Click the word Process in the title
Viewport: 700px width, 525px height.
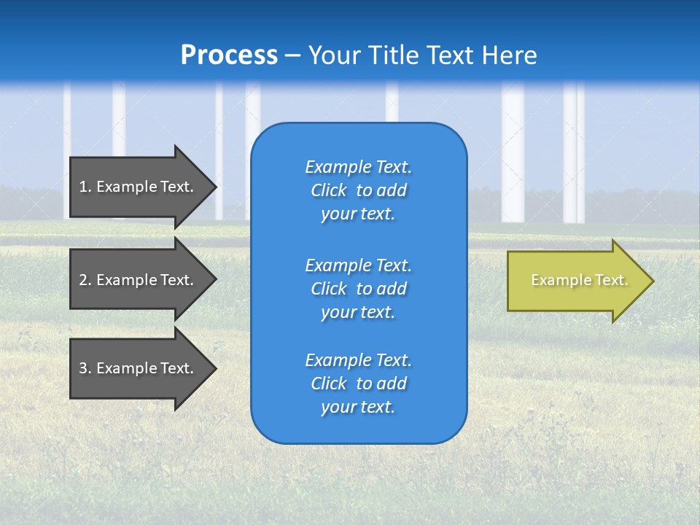(229, 55)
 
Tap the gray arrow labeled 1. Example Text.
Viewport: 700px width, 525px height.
(139, 187)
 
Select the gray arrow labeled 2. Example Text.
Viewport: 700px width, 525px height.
(139, 280)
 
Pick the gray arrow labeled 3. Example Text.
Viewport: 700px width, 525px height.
(139, 368)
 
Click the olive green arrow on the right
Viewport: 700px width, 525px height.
(576, 281)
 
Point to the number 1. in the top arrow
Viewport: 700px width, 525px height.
(85, 187)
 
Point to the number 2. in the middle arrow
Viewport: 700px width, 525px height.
(85, 280)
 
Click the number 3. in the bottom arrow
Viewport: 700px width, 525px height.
(85, 368)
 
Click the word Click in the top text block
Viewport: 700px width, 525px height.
(329, 191)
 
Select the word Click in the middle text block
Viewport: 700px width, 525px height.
(329, 289)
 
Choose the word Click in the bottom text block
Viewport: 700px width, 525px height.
(329, 384)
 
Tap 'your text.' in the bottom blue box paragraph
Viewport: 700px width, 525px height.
(358, 407)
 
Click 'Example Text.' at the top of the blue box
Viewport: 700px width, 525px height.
(358, 167)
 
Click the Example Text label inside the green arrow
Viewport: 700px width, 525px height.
(579, 280)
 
